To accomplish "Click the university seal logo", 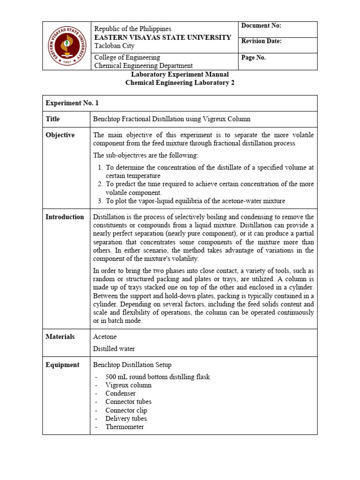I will pyautogui.click(x=67, y=46).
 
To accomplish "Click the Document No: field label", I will pyautogui.click(x=261, y=26).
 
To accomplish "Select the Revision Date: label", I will pyautogui.click(x=261, y=41).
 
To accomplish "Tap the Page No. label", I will pyautogui.click(x=254, y=57).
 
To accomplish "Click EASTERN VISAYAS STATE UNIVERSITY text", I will pyautogui.click(x=163, y=37).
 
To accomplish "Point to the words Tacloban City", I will pyautogui.click(x=114, y=46).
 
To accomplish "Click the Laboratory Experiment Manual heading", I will pyautogui.click(x=180, y=75).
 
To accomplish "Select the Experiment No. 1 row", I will pyautogui.click(x=72, y=103).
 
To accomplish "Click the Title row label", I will pyautogui.click(x=52, y=119).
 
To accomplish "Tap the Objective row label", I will pyautogui.click(x=60, y=135).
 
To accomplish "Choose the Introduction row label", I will pyautogui.click(x=65, y=217).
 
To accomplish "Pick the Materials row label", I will pyautogui.click(x=60, y=337).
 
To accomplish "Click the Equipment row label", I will pyautogui.click(x=62, y=365).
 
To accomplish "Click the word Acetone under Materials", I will pyautogui.click(x=105, y=337).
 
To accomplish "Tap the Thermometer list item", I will pyautogui.click(x=124, y=427).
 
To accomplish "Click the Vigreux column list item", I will pyautogui.click(x=128, y=385).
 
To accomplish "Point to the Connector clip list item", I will pyautogui.click(x=126, y=410).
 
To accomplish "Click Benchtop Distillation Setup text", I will pyautogui.click(x=132, y=365).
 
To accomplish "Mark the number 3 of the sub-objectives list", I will pyautogui.click(x=100, y=201).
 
